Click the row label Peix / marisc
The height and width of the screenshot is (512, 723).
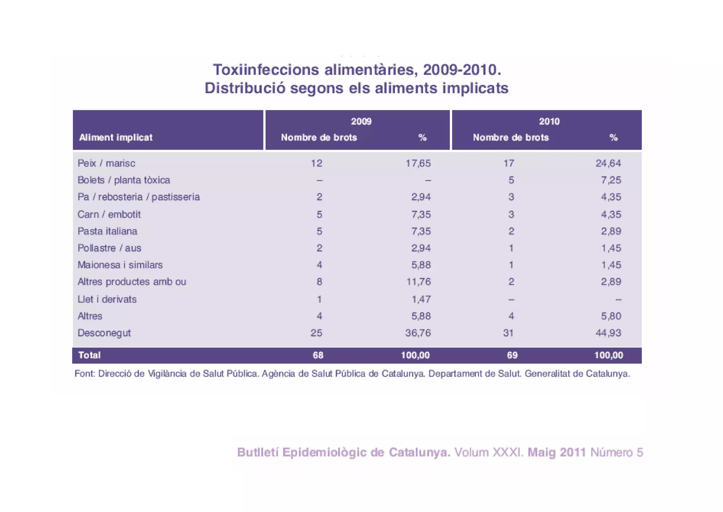coord(106,163)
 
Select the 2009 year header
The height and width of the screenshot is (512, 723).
coord(361,122)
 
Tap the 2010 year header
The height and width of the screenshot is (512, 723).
coord(549,122)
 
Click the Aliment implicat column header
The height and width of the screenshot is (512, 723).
coord(116,138)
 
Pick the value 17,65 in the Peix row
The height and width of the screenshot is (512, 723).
coord(418,163)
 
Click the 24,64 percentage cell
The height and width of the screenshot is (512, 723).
coord(608,163)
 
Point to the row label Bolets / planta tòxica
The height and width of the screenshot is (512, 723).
coord(124,180)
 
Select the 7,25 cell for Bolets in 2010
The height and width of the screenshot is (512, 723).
coord(611,180)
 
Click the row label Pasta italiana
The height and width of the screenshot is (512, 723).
coord(107,231)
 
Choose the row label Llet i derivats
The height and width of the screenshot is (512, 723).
coord(107,299)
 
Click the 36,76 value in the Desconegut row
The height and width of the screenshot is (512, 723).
coord(418,333)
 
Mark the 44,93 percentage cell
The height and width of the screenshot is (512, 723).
coord(608,333)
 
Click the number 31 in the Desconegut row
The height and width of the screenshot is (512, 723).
coord(508,333)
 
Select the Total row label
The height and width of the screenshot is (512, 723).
coord(89,355)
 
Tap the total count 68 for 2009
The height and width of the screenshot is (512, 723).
coord(318,355)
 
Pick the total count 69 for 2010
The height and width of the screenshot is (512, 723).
coord(512,355)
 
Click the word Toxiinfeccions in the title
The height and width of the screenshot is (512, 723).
coord(265,70)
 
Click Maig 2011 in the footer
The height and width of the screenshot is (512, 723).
coord(556,452)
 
